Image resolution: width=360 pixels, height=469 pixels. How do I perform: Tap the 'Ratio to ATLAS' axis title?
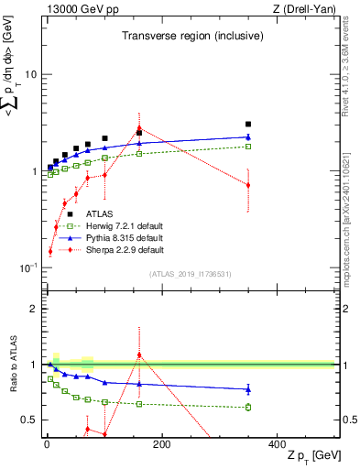[13, 364]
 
